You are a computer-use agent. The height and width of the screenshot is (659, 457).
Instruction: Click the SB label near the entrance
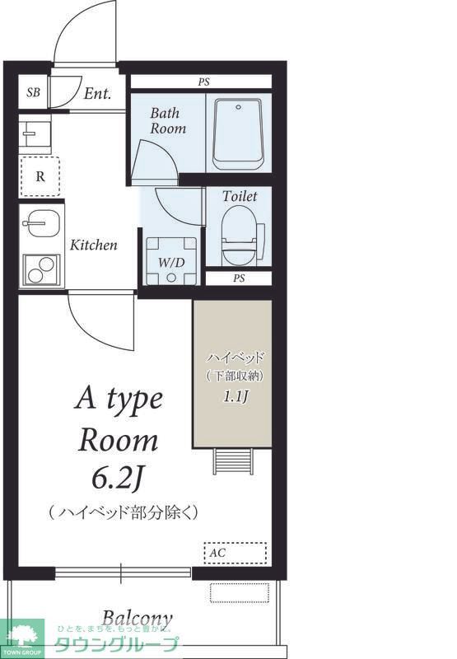click(x=33, y=92)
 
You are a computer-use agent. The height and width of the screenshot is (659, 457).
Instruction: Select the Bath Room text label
click(x=167, y=121)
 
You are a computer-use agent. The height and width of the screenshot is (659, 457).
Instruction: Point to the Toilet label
click(x=240, y=197)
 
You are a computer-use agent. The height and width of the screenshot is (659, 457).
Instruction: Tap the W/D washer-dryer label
click(x=171, y=262)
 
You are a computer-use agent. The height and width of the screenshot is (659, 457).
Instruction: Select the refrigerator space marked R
click(x=40, y=175)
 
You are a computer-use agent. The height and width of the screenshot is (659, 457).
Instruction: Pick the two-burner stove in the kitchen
click(x=40, y=269)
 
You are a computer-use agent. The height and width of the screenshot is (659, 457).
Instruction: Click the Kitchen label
click(x=93, y=245)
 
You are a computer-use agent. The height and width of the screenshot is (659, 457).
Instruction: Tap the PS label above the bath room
click(x=203, y=82)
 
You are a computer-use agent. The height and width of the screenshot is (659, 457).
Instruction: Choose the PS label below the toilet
click(x=239, y=278)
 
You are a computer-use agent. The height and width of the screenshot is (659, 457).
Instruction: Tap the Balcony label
click(x=138, y=619)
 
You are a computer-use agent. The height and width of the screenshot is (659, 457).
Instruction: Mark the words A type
click(x=119, y=400)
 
